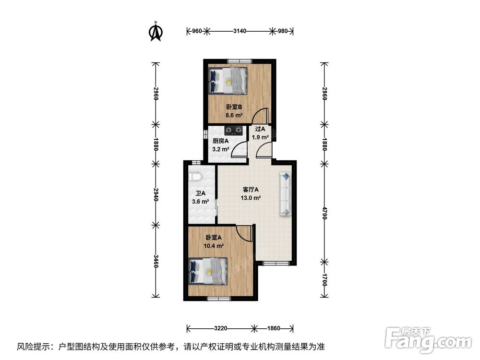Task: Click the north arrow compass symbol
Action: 156,31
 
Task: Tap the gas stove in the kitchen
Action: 234,131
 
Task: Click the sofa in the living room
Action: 285,194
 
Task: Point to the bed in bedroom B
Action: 228,81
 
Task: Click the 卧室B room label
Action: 234,107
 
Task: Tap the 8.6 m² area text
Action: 234,115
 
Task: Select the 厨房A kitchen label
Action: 221,141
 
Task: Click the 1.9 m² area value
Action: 260,137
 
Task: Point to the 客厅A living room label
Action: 251,190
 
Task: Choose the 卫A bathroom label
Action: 201,193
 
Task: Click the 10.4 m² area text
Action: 214,245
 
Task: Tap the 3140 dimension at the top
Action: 240,31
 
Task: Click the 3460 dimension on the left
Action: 156,261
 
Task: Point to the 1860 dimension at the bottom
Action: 274,328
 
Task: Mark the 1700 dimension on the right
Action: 325,280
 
